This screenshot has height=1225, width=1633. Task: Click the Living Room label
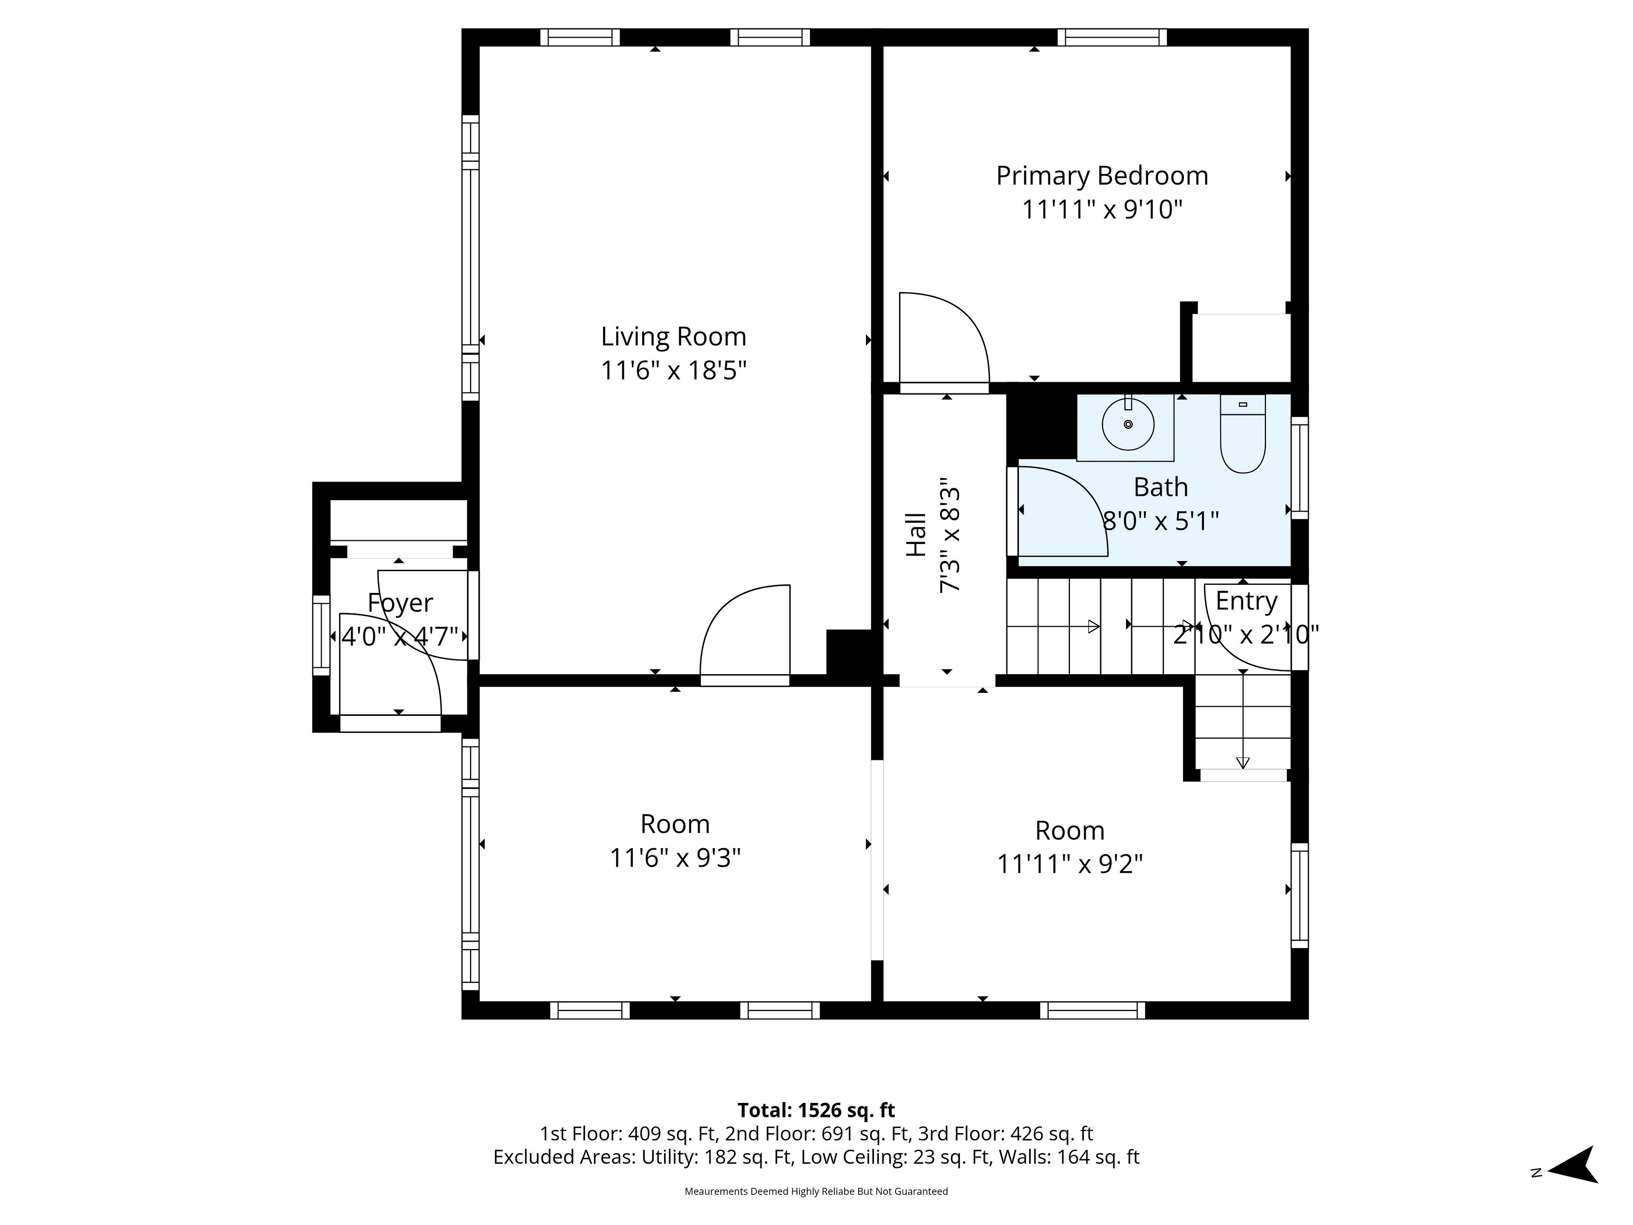(x=673, y=337)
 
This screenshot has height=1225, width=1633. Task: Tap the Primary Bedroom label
(x=1102, y=176)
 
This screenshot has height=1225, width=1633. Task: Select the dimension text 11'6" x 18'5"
(x=673, y=370)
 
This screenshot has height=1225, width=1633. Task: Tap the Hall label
(x=916, y=535)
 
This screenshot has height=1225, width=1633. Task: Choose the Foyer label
(x=400, y=603)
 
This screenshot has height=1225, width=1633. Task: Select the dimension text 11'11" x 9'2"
(x=1070, y=864)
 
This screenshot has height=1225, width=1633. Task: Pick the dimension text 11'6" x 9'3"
(x=675, y=858)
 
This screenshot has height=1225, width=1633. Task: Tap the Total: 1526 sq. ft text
(x=816, y=1110)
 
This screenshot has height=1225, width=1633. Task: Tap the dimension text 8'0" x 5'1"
(x=1161, y=521)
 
